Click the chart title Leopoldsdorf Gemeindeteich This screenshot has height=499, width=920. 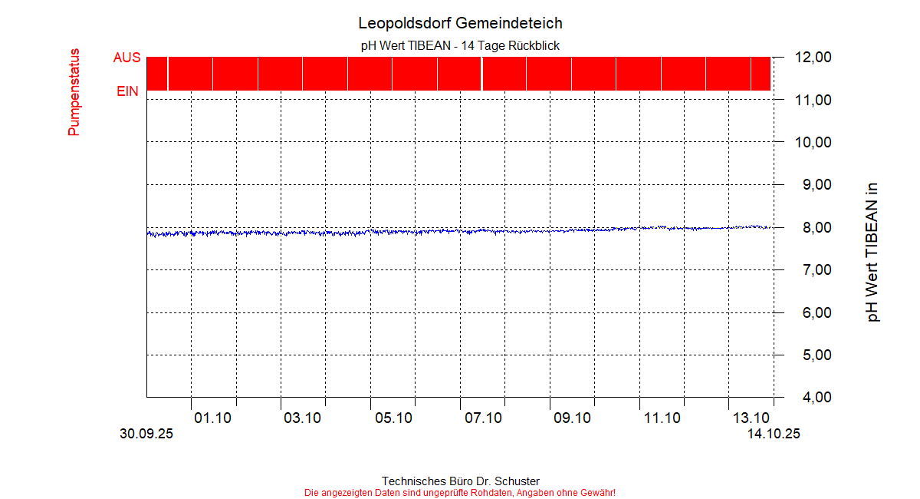pyautogui.click(x=460, y=23)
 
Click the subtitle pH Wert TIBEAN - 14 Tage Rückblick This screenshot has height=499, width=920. pyautogui.click(x=460, y=46)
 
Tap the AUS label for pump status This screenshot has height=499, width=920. pyautogui.click(x=127, y=58)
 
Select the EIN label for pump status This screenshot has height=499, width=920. pyautogui.click(x=127, y=91)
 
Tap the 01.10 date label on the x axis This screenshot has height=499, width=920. pyautogui.click(x=213, y=418)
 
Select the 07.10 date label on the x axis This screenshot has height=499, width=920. pyautogui.click(x=483, y=418)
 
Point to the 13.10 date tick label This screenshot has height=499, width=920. pyautogui.click(x=751, y=418)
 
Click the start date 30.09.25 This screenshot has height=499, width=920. pyautogui.click(x=146, y=434)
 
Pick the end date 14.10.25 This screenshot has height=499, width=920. pyautogui.click(x=774, y=434)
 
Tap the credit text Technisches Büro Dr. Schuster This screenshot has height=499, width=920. pyautogui.click(x=460, y=481)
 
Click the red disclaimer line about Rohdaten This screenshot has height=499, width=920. pyautogui.click(x=460, y=492)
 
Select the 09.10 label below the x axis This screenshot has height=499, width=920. pyautogui.click(x=573, y=418)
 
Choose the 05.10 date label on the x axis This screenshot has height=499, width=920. pyautogui.click(x=393, y=418)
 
